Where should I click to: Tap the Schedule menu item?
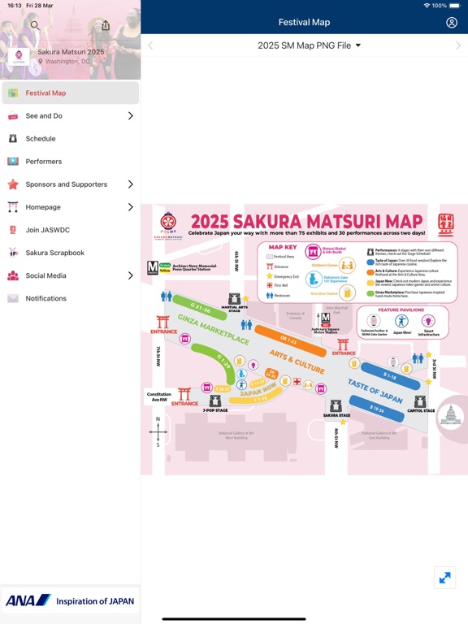(x=41, y=139)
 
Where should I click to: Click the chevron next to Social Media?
(x=131, y=275)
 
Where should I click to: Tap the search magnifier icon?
(x=35, y=25)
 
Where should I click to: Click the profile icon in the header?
(x=452, y=23)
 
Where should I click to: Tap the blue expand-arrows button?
(x=444, y=578)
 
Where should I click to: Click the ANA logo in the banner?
(x=28, y=601)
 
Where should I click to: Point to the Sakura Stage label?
(x=336, y=415)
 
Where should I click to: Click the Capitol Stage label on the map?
(x=420, y=409)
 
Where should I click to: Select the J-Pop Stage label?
(x=215, y=410)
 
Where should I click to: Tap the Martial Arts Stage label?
(x=234, y=309)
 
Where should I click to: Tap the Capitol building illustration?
(x=451, y=416)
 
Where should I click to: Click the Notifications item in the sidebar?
(x=45, y=298)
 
